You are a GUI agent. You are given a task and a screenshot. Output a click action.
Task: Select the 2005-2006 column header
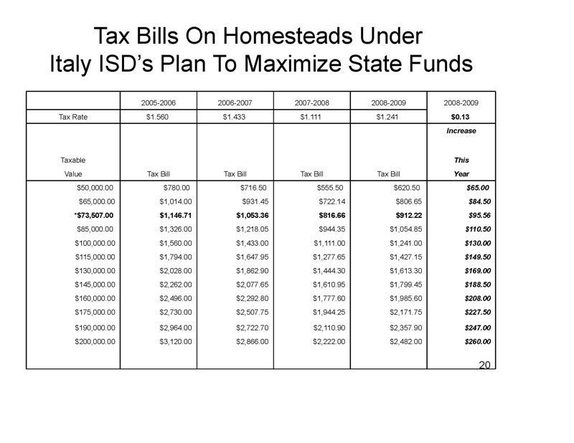(x=159, y=103)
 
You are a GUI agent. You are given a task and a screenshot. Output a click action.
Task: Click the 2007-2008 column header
(x=311, y=103)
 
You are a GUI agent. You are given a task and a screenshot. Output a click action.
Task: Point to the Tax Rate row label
(x=72, y=117)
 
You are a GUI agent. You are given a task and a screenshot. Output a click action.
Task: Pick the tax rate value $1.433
(x=235, y=117)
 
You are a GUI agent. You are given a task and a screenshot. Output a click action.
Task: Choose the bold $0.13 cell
(x=461, y=117)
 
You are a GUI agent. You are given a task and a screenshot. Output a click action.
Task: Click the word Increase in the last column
(x=461, y=131)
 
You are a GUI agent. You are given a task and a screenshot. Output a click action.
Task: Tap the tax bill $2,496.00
(x=176, y=298)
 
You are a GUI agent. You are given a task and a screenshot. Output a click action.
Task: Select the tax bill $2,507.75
(x=252, y=312)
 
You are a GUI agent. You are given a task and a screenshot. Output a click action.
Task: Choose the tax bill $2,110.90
(x=329, y=328)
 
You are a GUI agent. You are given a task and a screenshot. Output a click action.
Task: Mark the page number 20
(x=484, y=366)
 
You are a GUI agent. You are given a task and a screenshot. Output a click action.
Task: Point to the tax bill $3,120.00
(x=176, y=342)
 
